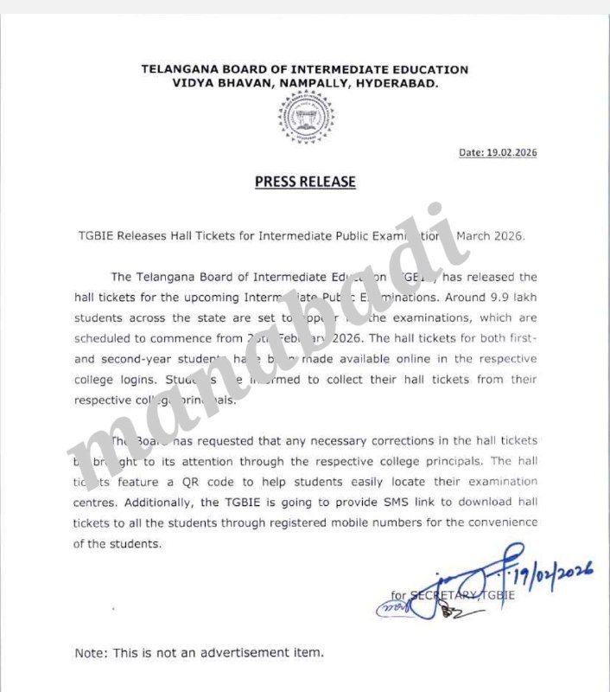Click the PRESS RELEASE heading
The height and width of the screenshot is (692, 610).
pos(305,183)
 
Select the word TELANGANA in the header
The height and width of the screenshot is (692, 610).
pos(179,69)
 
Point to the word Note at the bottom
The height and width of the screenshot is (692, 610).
pos(91,652)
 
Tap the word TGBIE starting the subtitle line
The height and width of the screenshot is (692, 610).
pos(92,236)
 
